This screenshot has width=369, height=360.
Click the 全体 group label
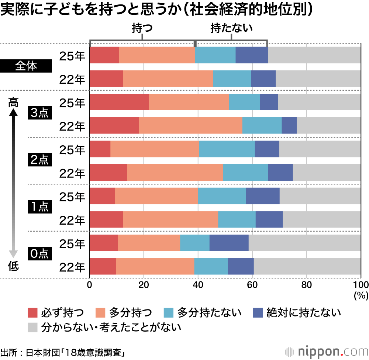[26, 66]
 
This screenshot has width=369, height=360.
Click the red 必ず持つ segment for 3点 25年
[119, 101]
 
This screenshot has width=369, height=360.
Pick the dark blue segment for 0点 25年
[229, 242]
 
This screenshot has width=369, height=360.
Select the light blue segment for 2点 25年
[227, 149]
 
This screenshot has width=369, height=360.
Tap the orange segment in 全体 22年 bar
[168, 78]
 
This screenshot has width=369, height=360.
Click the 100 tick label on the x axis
[361, 284]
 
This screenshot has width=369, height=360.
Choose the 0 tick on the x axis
[89, 284]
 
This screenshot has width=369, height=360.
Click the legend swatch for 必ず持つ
[33, 313]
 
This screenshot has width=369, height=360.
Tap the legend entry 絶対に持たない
[303, 313]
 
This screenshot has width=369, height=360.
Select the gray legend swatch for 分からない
[33, 327]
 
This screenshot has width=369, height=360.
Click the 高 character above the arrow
[13, 102]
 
